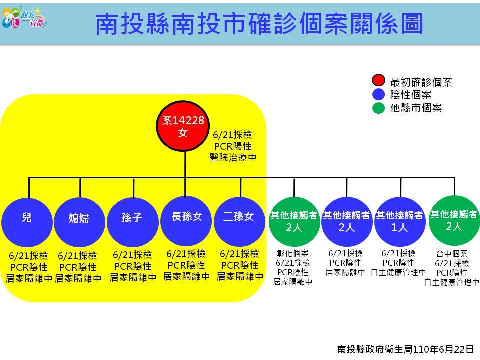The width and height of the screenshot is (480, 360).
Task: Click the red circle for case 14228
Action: tap(183, 126)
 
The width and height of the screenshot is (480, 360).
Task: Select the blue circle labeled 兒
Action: tap(27, 222)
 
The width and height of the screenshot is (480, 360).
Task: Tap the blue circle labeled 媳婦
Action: tap(79, 222)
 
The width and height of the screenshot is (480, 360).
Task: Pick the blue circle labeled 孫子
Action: tap(133, 222)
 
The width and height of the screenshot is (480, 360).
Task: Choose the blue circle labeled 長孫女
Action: tap(186, 221)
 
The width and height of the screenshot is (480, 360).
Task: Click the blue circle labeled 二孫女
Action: tap(239, 221)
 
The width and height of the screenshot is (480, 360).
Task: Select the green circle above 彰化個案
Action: tap(294, 221)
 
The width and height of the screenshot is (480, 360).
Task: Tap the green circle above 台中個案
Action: tap(454, 221)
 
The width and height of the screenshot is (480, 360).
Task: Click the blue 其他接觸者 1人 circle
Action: tap(400, 221)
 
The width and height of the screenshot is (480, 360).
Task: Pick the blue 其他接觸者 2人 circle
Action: tap(347, 221)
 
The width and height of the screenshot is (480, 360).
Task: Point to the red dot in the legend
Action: tap(378, 80)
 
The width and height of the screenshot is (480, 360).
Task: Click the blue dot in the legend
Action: tap(378, 94)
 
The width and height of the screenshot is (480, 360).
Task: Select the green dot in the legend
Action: tap(378, 108)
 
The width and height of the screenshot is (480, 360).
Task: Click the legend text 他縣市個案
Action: tap(416, 108)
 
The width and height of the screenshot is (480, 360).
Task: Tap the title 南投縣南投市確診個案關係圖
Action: tap(259, 24)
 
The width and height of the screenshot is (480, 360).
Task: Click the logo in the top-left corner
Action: tap(24, 17)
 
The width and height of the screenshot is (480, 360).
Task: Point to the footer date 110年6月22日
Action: tap(443, 349)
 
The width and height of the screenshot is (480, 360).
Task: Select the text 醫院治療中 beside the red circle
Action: tap(233, 157)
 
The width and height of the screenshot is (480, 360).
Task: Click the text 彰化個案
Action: tap(293, 253)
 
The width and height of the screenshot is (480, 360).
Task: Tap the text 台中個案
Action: tap(452, 254)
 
